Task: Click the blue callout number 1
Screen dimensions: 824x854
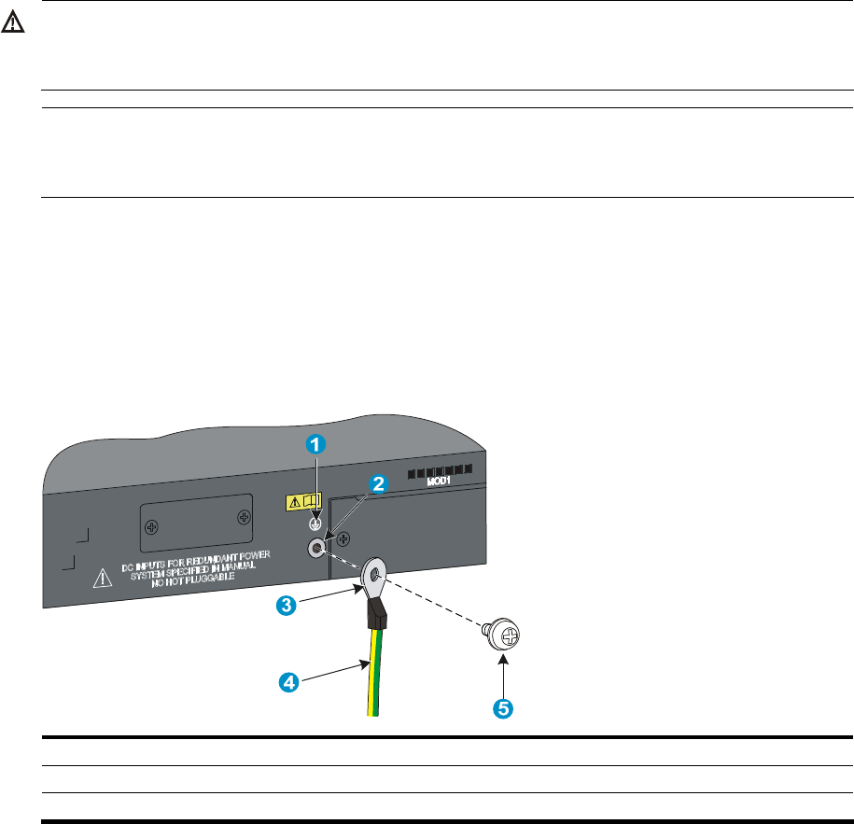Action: (x=317, y=445)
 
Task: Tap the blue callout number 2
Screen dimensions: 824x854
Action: (x=378, y=483)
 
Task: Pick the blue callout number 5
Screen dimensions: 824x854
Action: (x=502, y=708)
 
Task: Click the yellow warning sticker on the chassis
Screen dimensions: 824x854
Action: (x=302, y=502)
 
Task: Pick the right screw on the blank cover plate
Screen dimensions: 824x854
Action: (x=245, y=514)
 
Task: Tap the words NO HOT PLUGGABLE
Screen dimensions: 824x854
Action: (x=195, y=578)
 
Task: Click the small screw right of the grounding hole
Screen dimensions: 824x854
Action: (x=344, y=538)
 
